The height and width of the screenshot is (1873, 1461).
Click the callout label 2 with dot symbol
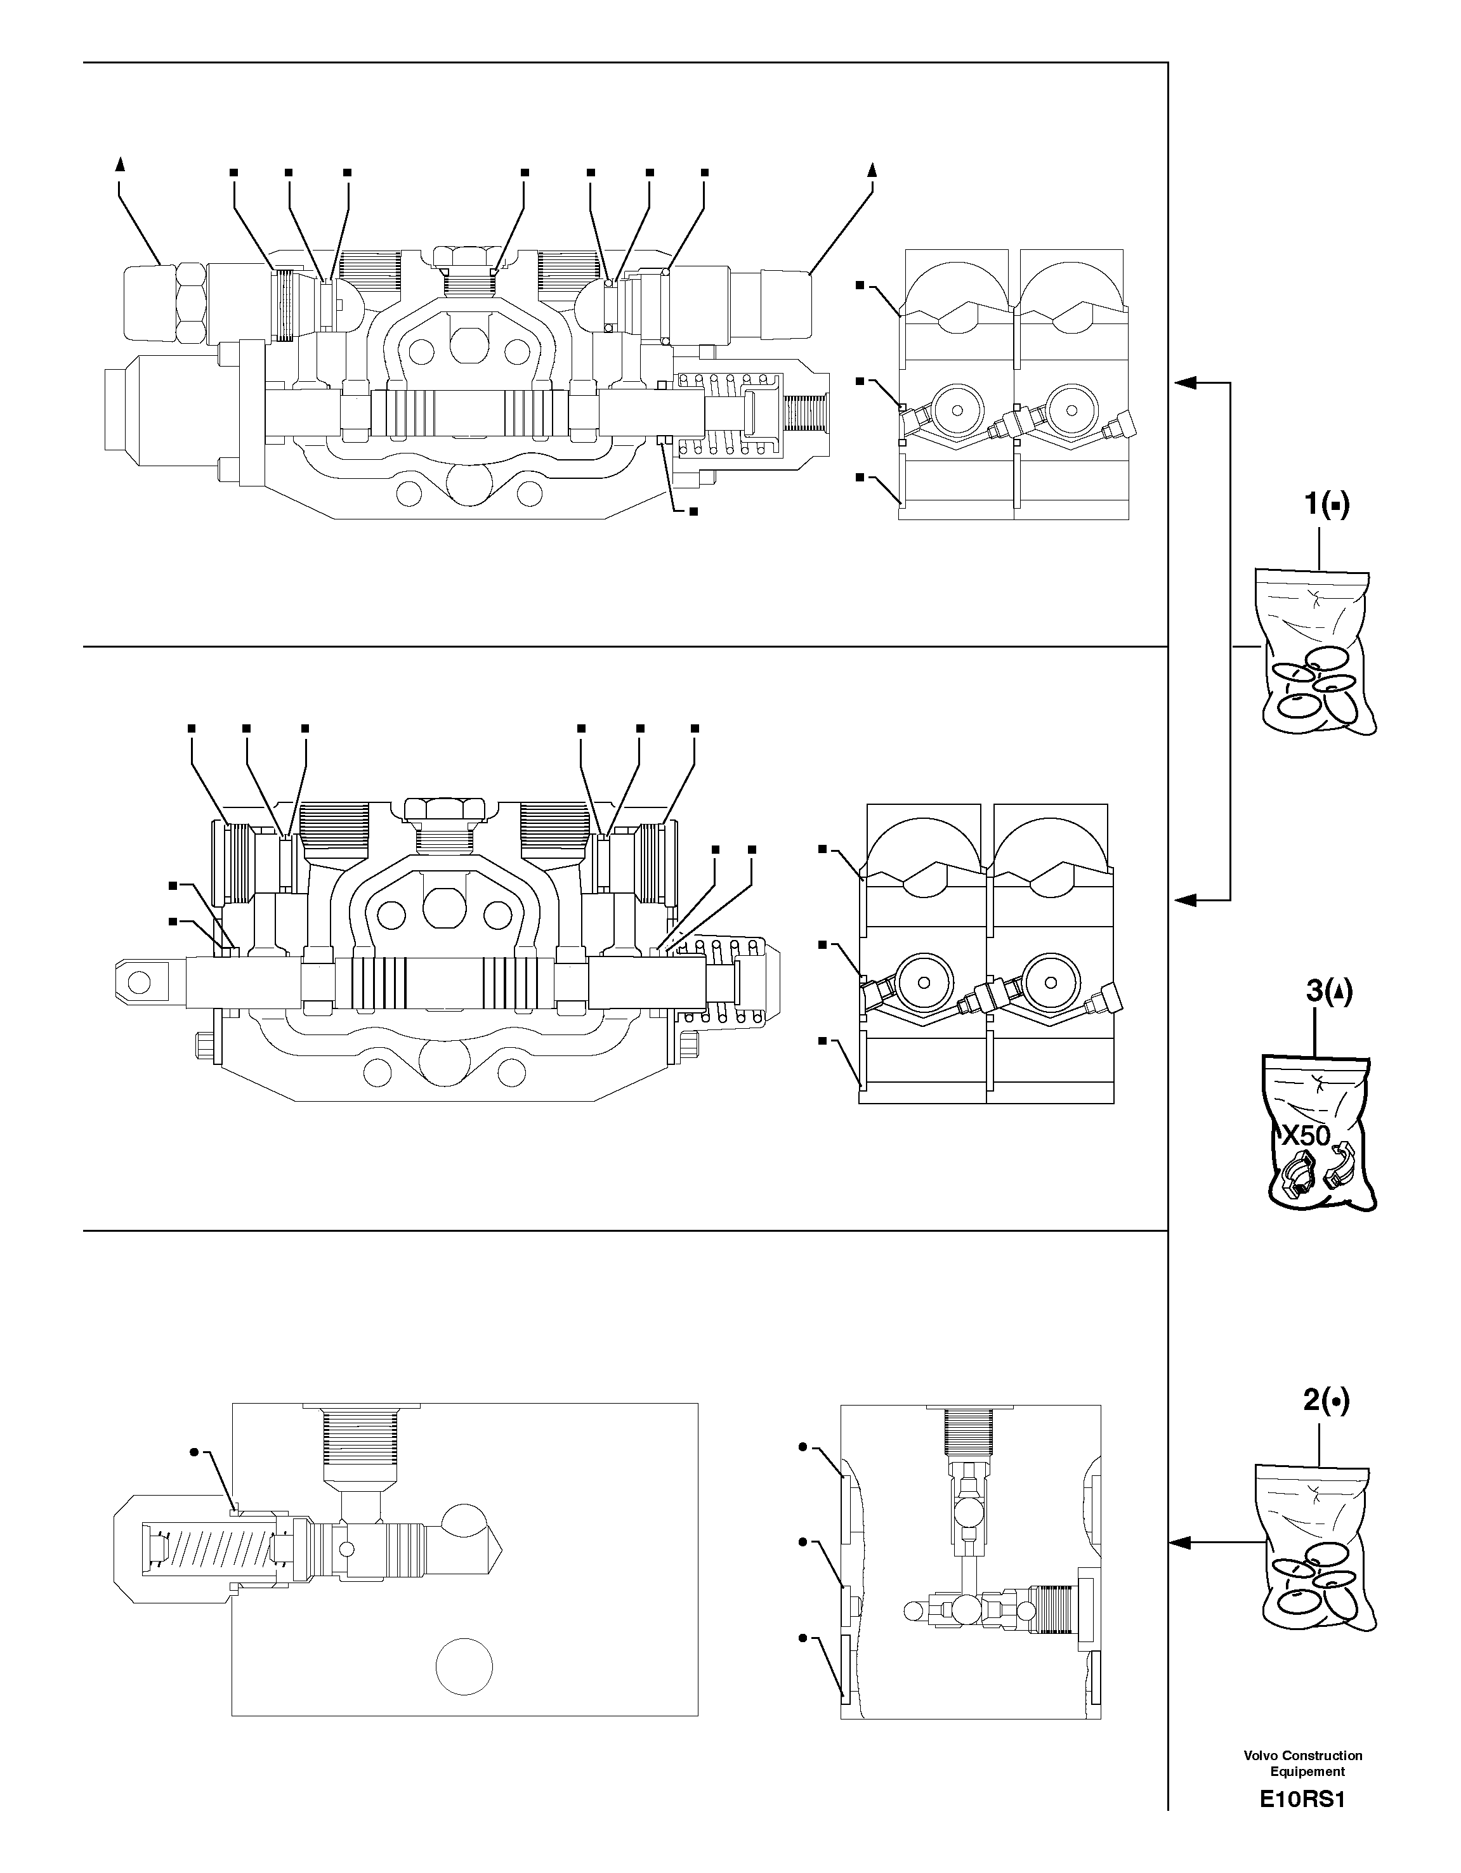coord(1325,1400)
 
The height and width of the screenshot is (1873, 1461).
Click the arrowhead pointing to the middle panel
coord(1184,899)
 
